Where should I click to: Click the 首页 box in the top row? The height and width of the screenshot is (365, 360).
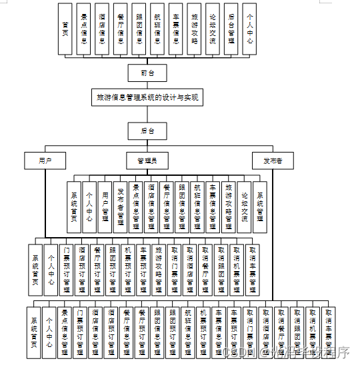[x=65, y=29]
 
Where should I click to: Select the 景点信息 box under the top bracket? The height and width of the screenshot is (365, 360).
[x=83, y=29]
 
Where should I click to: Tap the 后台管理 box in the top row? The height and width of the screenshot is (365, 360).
[x=231, y=29]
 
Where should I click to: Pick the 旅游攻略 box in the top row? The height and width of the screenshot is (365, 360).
[x=194, y=29]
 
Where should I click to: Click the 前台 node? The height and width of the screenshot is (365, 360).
[x=147, y=73]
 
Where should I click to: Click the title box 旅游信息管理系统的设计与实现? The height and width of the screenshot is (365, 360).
[x=147, y=97]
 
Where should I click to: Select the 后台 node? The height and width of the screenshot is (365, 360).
[x=147, y=131]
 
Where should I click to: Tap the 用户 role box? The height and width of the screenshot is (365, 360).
[x=45, y=161]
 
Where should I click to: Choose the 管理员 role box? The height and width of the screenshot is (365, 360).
[x=147, y=161]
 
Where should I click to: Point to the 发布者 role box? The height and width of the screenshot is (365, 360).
[x=272, y=161]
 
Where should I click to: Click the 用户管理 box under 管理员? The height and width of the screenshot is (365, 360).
[x=105, y=207]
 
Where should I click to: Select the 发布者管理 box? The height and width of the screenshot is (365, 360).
[x=120, y=207]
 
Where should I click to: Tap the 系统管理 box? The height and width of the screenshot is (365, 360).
[x=259, y=207]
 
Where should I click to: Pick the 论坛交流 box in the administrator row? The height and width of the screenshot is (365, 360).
[x=244, y=207]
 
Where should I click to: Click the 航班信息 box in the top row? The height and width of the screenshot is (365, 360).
[x=157, y=29]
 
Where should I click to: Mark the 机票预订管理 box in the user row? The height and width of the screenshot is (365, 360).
[x=127, y=270]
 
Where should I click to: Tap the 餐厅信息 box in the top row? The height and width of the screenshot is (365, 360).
[x=120, y=29]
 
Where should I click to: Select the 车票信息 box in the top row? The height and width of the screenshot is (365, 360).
[x=175, y=29]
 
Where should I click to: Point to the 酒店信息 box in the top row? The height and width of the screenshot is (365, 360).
[x=102, y=29]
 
